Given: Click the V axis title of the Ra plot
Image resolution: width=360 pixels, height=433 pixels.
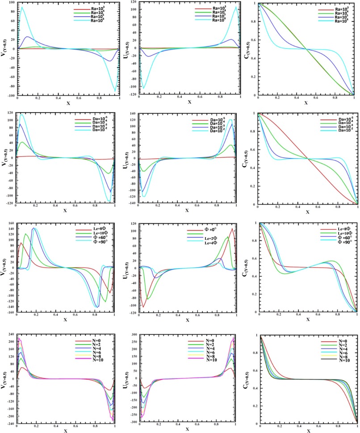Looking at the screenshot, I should [x=4, y=50].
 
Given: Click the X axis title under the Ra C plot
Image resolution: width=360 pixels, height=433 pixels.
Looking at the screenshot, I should [x=306, y=102].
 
